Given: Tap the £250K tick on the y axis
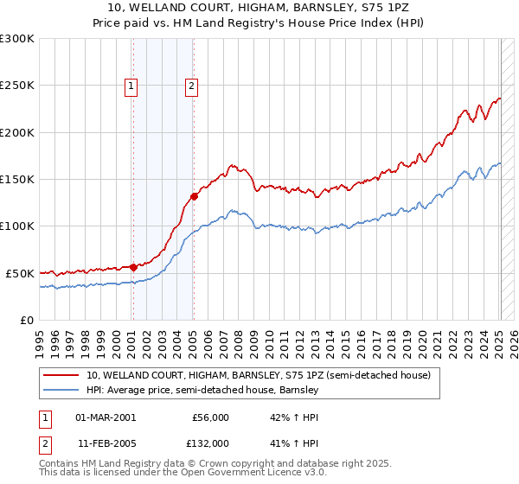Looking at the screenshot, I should click(17, 86).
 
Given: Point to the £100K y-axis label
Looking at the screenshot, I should click(17, 226).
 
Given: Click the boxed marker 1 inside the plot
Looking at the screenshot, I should click(131, 86).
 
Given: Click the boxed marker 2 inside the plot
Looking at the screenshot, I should click(190, 86).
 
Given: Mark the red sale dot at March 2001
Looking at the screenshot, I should click(133, 267).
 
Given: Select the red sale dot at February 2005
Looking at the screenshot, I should click(194, 196).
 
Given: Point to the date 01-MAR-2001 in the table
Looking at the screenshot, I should click(106, 417).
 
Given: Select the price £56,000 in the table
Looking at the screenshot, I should click(211, 417).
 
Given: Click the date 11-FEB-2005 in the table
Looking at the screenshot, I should click(106, 443).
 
